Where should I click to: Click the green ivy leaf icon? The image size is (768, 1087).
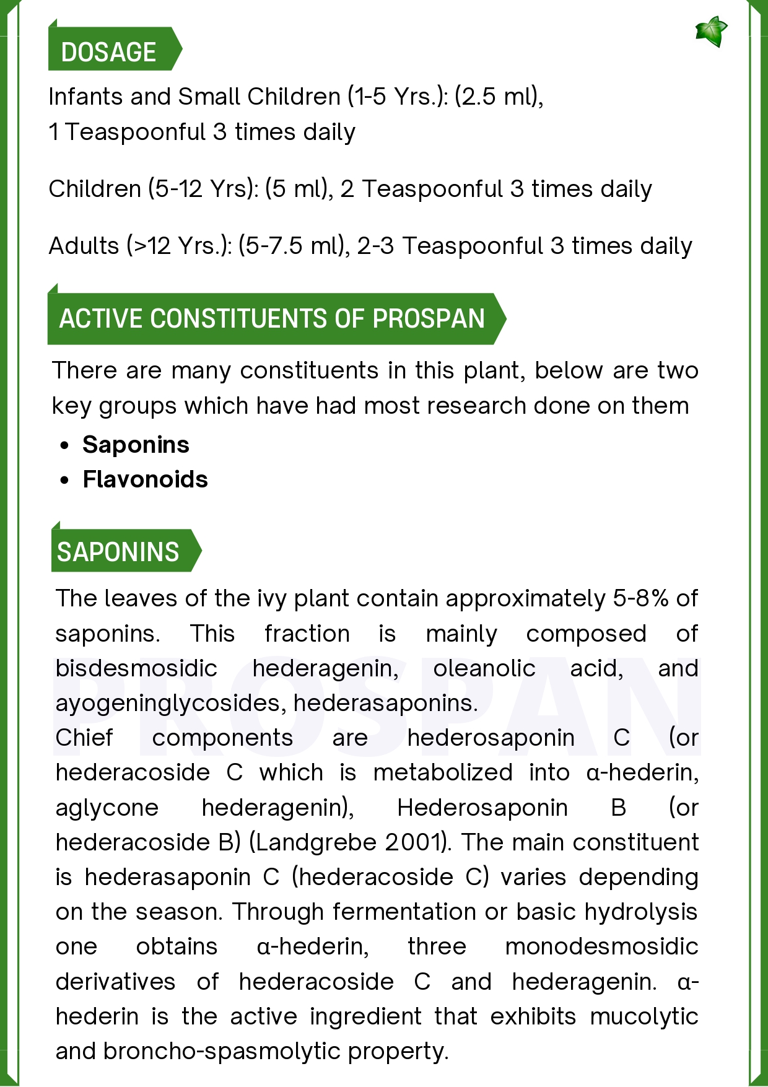click(711, 32)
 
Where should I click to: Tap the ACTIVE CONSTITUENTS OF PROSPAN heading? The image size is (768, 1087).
click(272, 319)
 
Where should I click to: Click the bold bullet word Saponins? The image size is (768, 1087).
click(136, 445)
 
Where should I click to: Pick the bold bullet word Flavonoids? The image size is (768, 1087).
click(146, 479)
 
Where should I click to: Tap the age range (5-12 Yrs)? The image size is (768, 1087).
click(204, 189)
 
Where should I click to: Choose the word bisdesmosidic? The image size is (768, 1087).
click(136, 668)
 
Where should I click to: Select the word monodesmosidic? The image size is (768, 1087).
click(601, 946)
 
